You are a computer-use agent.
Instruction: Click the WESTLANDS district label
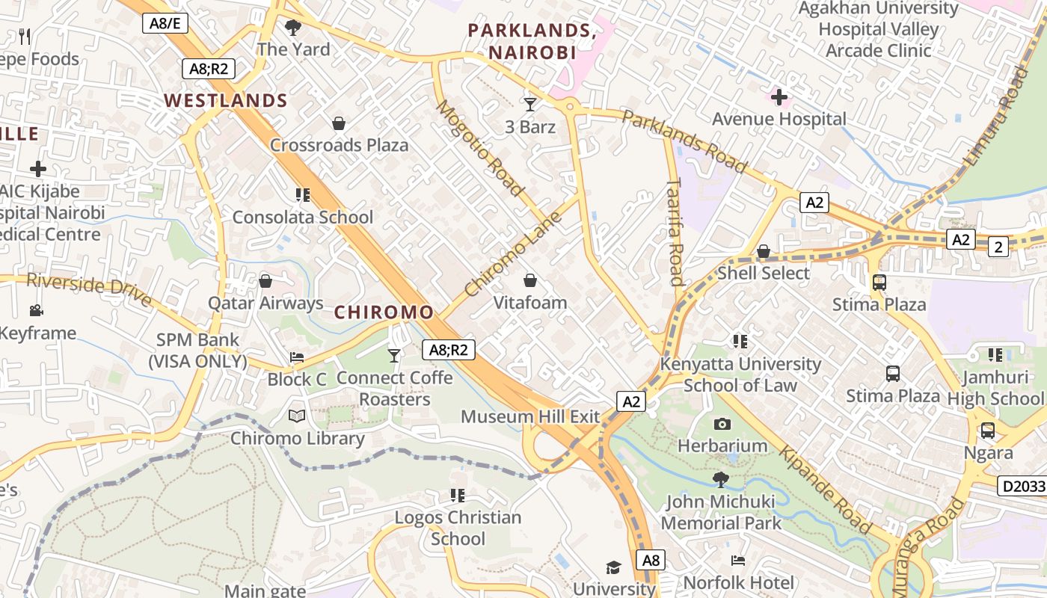click(226, 100)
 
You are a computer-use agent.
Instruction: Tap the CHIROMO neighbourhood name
click(384, 312)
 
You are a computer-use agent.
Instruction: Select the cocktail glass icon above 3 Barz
click(530, 105)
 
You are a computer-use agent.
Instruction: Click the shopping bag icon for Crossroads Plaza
click(339, 123)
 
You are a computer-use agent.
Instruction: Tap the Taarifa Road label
click(675, 232)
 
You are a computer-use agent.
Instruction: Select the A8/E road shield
click(165, 23)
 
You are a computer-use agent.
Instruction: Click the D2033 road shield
click(1022, 487)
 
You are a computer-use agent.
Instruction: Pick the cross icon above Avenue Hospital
click(779, 96)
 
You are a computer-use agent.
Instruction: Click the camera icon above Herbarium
click(722, 424)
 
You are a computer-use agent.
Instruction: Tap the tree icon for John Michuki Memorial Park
click(721, 479)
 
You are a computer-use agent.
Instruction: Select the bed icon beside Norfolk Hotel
click(738, 560)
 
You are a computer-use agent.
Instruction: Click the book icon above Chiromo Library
click(297, 416)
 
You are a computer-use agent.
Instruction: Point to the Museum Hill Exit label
click(530, 416)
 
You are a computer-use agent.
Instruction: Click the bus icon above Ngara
click(988, 431)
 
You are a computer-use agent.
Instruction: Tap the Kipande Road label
click(826, 490)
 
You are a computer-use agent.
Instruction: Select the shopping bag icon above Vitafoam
click(530, 280)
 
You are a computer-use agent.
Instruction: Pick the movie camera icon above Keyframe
click(36, 310)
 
